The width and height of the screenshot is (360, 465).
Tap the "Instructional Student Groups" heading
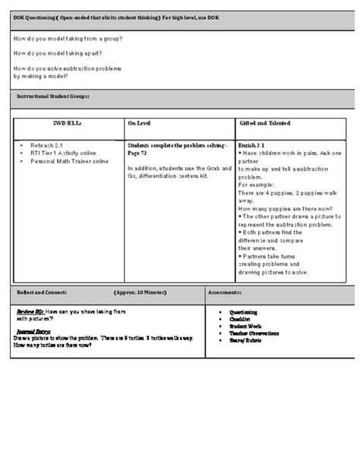point(53,96)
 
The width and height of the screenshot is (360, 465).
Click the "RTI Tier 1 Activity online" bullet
point(63,152)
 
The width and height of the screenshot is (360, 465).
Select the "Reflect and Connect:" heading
point(42,292)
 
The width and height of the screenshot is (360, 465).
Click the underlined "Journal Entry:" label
point(35,331)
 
